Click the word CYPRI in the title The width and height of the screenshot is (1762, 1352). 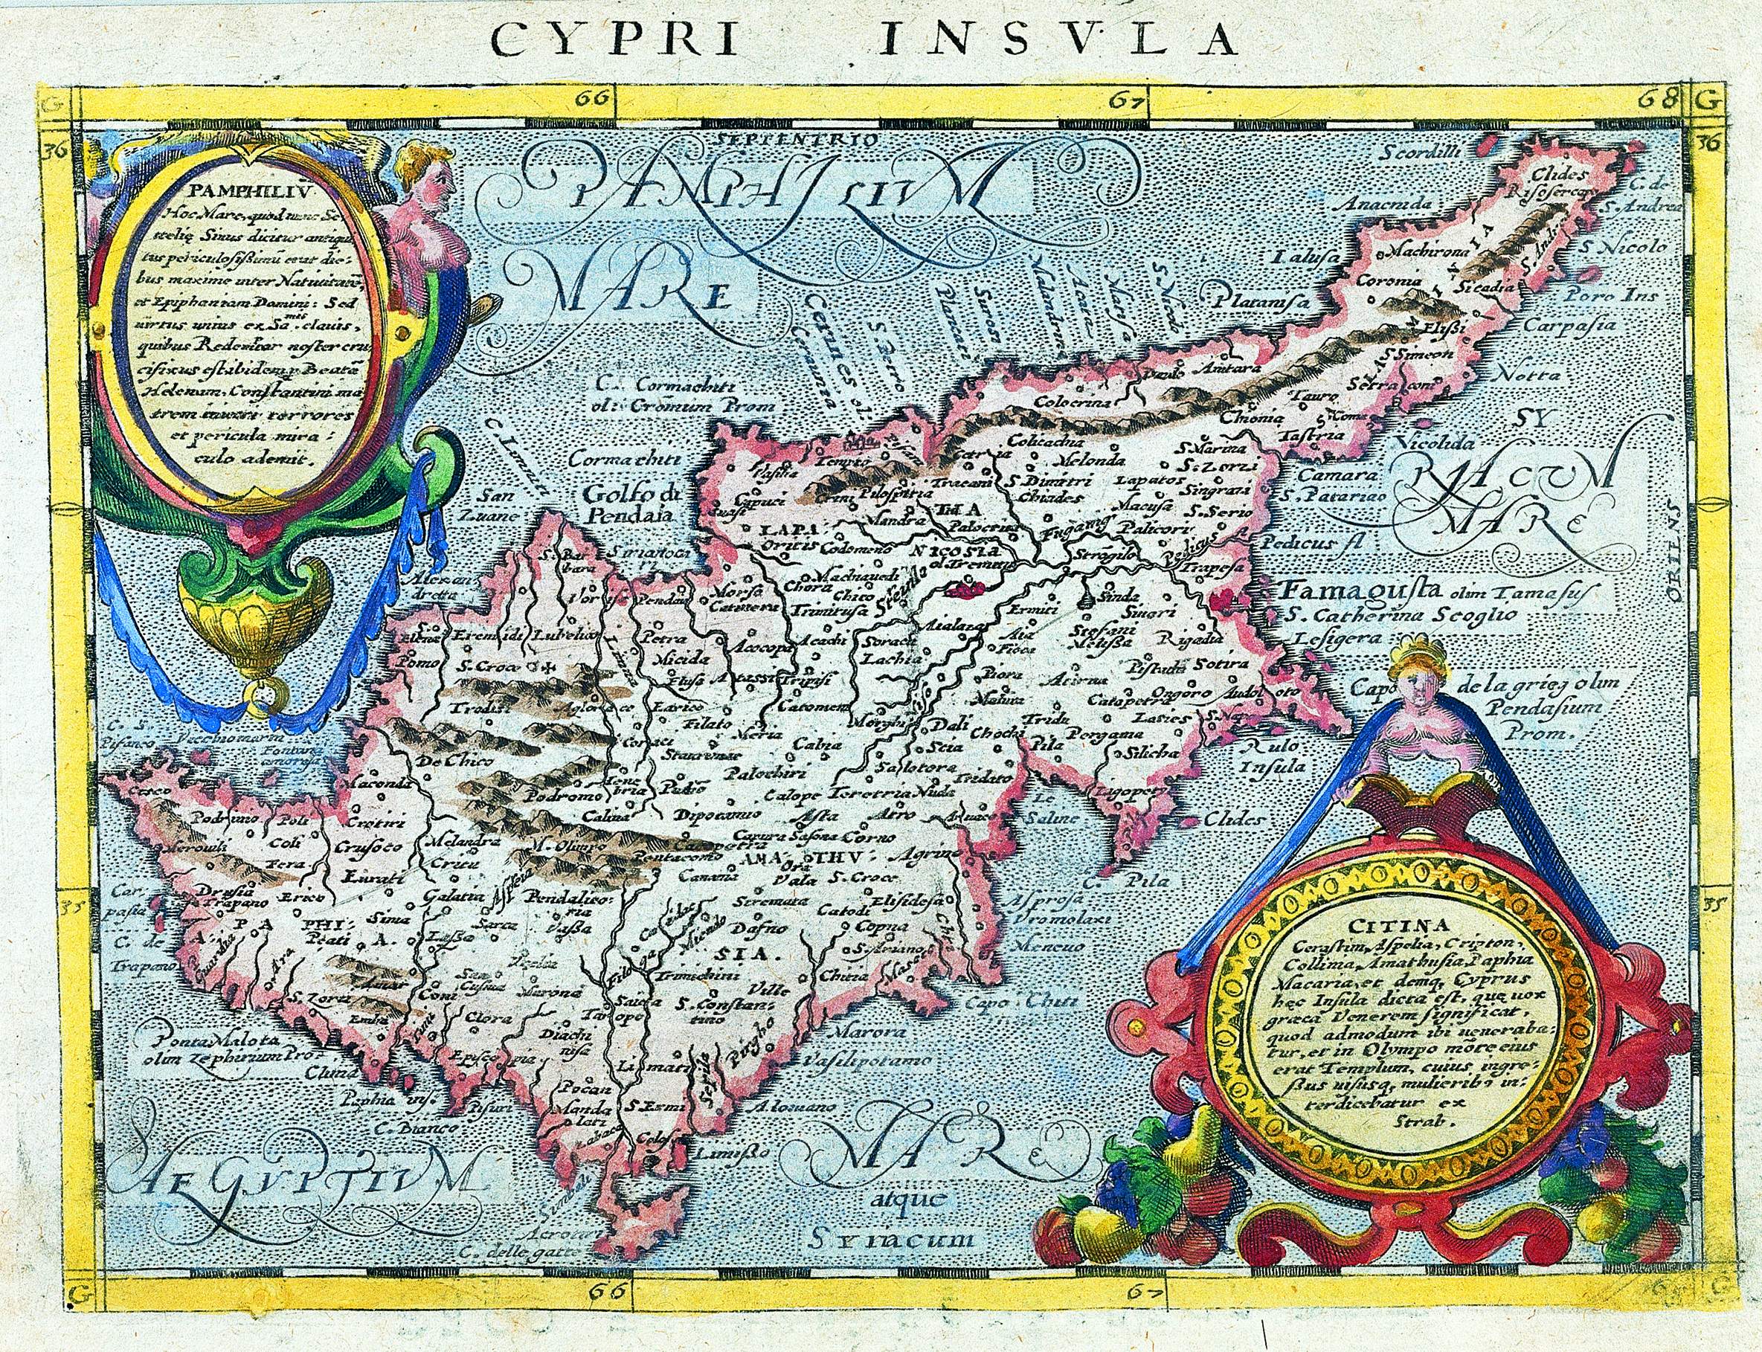611,38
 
